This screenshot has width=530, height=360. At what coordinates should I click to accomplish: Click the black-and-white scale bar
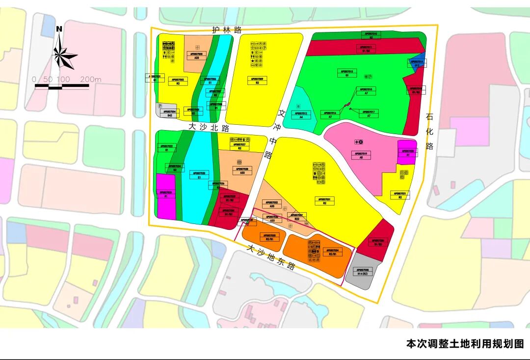[62, 86]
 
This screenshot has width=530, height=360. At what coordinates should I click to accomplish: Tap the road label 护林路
[227, 30]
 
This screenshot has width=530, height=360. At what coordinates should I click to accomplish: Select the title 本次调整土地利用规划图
[465, 344]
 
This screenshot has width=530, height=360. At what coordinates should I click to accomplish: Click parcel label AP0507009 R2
[257, 81]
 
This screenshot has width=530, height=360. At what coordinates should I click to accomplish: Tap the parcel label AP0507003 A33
[196, 55]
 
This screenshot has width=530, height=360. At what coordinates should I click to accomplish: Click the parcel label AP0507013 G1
[347, 73]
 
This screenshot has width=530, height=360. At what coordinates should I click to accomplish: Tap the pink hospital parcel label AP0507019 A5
[361, 155]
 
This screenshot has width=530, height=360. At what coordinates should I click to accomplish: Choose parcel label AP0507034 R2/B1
[333, 252]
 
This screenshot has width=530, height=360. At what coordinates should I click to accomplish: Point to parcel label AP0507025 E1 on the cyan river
[199, 175]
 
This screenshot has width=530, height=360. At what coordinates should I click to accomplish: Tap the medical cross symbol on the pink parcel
[357, 142]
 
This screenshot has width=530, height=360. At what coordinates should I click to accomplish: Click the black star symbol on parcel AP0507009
[253, 60]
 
